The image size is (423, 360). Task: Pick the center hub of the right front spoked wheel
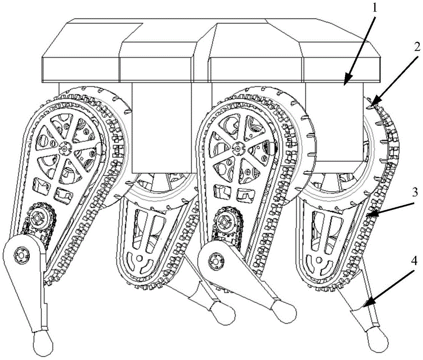(237, 148)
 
